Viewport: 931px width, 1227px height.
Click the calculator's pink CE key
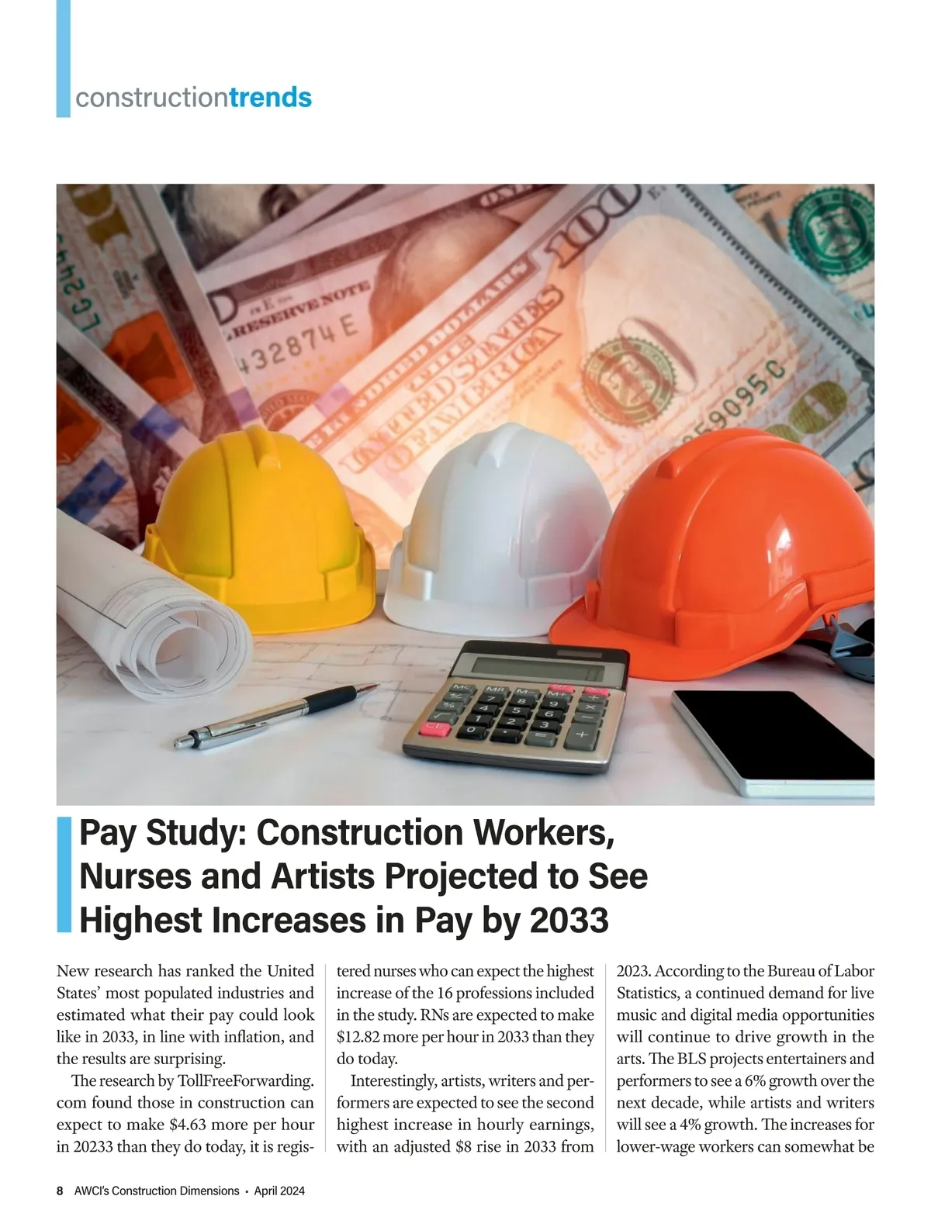pos(436,727)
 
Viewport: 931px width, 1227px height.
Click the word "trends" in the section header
pos(271,99)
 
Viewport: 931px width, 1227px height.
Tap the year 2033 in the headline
pos(570,921)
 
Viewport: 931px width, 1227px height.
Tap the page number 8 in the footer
pos(60,1191)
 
